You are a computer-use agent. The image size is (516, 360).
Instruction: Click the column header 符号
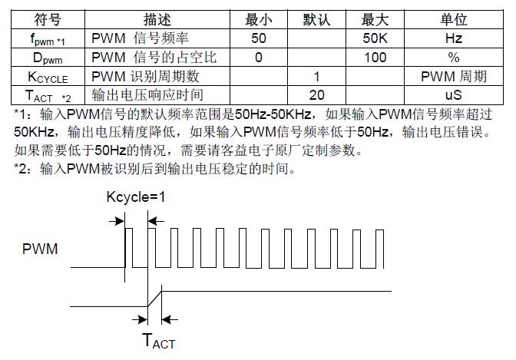pyautogui.click(x=48, y=19)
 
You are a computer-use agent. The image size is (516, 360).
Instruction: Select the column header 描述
pyautogui.click(x=157, y=19)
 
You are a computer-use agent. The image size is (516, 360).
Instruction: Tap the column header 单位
pyautogui.click(x=454, y=19)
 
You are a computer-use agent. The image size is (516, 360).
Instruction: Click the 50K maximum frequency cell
pyautogui.click(x=375, y=38)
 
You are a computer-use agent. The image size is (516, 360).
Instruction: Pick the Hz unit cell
pyautogui.click(x=454, y=38)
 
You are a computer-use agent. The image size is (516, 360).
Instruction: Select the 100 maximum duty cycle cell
pyautogui.click(x=375, y=58)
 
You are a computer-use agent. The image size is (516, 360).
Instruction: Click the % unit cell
pyautogui.click(x=454, y=58)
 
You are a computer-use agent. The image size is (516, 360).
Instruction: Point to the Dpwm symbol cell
pyautogui.click(x=48, y=58)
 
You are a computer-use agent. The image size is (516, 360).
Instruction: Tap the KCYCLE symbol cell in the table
pyautogui.click(x=48, y=78)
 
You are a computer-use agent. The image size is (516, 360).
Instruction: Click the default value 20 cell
pyautogui.click(x=316, y=95)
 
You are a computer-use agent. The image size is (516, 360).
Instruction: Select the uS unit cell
pyautogui.click(x=454, y=95)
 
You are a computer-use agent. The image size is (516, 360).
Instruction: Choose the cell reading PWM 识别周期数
pyautogui.click(x=145, y=76)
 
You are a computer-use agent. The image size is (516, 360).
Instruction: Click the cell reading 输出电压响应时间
pyautogui.click(x=147, y=95)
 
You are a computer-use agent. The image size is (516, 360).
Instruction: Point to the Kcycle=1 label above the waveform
pyautogui.click(x=136, y=197)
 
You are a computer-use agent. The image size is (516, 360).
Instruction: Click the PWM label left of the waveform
pyautogui.click(x=40, y=249)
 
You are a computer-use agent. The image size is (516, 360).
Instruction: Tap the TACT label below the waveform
pyautogui.click(x=159, y=340)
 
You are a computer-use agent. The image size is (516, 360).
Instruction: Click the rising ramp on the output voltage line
pyautogui.click(x=154, y=299)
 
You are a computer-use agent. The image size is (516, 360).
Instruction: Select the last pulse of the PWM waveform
pyautogui.click(x=379, y=249)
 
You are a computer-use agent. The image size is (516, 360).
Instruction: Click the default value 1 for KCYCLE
pyautogui.click(x=316, y=76)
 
